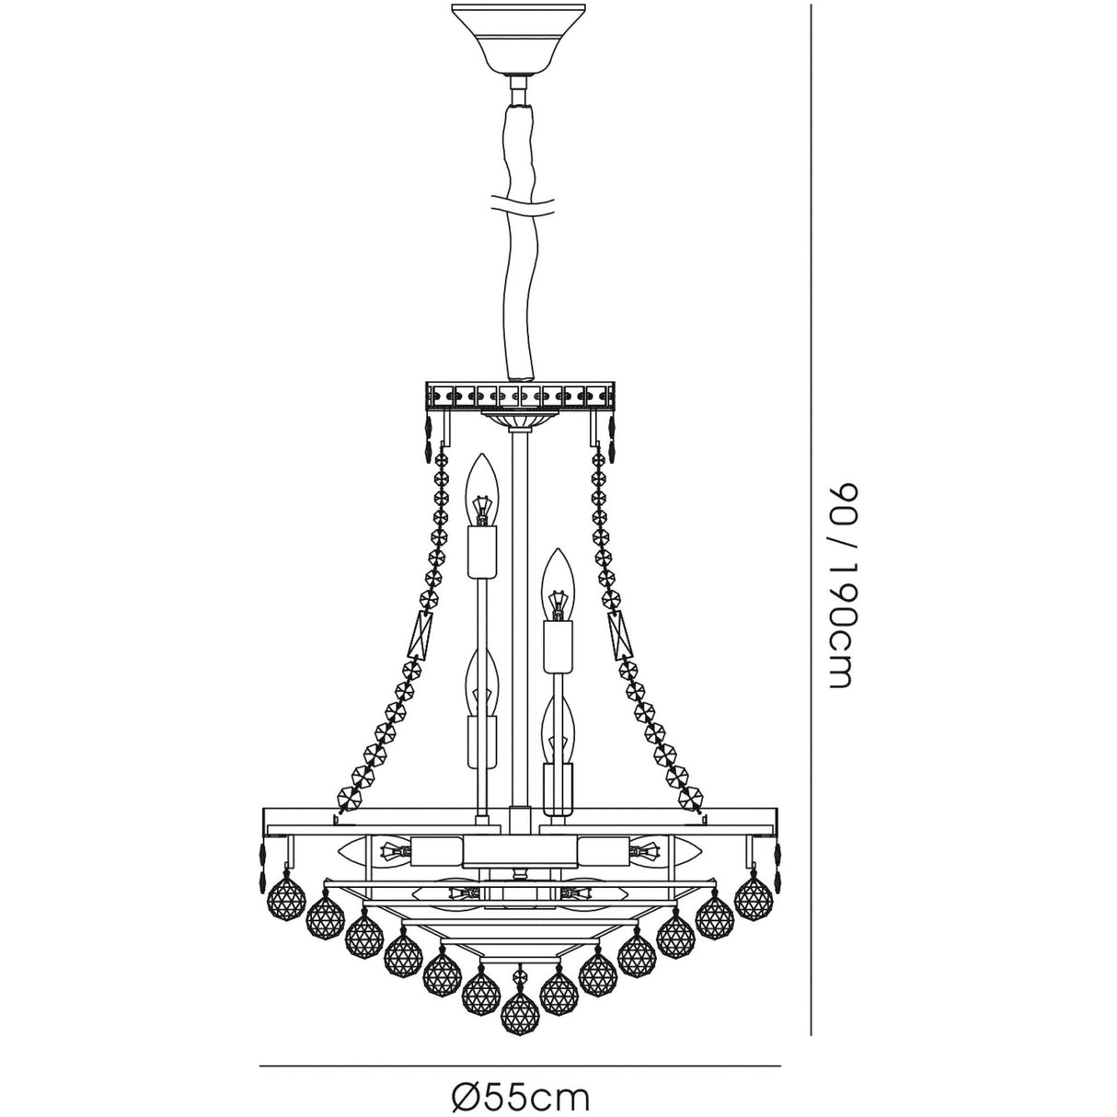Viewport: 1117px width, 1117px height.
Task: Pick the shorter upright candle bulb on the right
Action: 557,582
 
